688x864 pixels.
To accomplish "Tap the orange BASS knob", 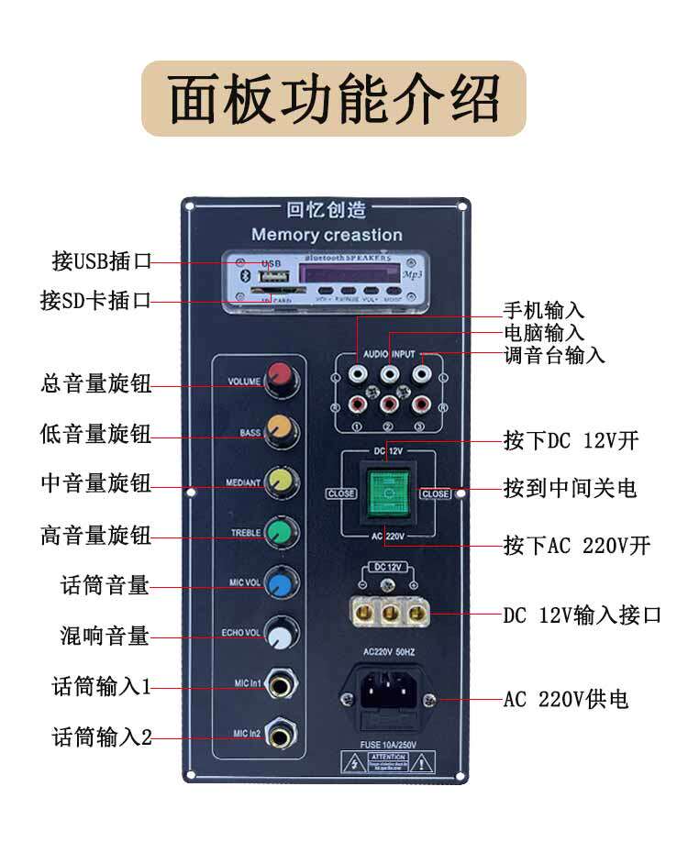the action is click(x=279, y=428).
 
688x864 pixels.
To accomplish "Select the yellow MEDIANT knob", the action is click(x=279, y=480).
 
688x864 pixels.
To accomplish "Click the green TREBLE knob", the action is click(x=279, y=531).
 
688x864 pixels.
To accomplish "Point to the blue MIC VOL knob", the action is click(x=279, y=583).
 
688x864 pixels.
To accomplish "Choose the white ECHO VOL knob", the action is click(x=280, y=634).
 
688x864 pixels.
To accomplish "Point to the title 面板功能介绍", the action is click(x=333, y=98).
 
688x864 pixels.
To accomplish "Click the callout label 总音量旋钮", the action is click(x=96, y=384).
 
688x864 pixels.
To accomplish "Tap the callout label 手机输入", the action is click(x=543, y=311).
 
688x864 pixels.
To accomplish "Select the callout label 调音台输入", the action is click(x=554, y=355).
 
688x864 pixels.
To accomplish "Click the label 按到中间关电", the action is click(x=570, y=488).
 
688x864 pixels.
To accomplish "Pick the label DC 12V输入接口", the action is click(x=582, y=615).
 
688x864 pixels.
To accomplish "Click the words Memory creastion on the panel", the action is click(x=327, y=235).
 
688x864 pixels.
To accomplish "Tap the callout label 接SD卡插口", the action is click(x=96, y=300).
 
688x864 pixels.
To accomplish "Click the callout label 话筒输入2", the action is click(x=102, y=737).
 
